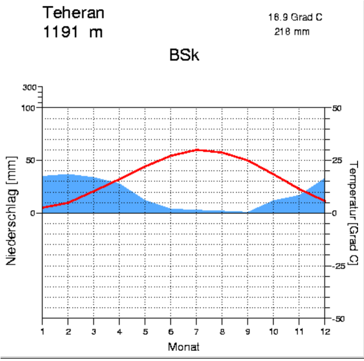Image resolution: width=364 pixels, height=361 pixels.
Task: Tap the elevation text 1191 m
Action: [x=72, y=32]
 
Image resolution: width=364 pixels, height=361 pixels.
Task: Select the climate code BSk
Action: [x=184, y=55]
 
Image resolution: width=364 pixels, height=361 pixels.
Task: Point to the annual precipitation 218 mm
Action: [x=292, y=32]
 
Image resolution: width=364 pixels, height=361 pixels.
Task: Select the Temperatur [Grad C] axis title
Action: [x=353, y=213]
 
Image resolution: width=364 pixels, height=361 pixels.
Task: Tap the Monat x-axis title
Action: [x=183, y=346]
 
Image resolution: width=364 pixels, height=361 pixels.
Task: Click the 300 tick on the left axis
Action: [x=30, y=87]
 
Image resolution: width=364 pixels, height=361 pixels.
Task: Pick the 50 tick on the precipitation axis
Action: [x=32, y=161]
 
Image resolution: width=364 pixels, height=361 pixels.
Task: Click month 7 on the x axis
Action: [x=197, y=329]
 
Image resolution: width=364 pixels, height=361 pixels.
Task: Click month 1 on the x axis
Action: [x=43, y=329]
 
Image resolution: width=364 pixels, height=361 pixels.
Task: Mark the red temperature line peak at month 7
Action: [x=197, y=150]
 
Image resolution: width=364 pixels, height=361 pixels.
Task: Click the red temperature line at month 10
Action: [x=274, y=174]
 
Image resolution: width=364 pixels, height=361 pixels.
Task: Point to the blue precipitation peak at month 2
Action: [x=68, y=175]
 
